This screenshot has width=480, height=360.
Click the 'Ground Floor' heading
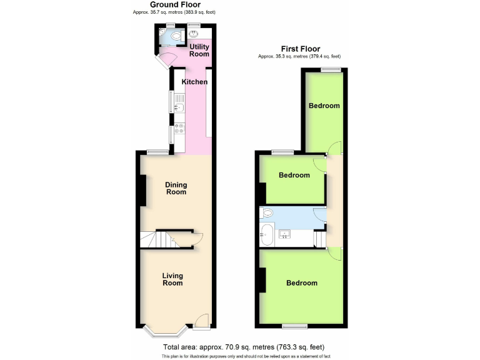(175, 4)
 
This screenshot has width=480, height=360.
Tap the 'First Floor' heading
(299, 49)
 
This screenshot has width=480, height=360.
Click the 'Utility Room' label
(199, 50)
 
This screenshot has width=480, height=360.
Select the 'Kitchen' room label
(194, 82)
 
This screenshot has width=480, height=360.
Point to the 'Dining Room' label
(176, 188)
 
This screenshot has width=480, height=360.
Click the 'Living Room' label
(172, 279)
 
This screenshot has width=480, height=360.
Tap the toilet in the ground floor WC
(164, 37)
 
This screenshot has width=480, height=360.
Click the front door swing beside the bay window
(202, 321)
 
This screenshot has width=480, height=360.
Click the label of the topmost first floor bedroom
(324, 106)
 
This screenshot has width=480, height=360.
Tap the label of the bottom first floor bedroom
(302, 283)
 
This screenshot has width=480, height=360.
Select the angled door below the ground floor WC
(166, 60)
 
